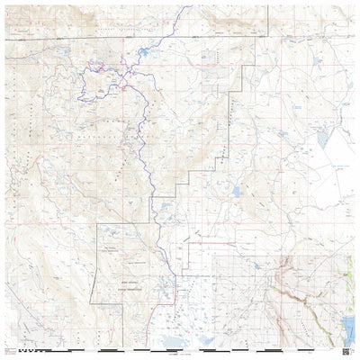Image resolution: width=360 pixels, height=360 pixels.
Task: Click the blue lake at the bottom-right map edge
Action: [349, 325]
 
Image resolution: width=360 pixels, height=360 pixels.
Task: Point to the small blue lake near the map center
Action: [236, 191]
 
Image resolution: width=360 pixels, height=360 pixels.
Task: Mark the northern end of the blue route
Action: [188, 8]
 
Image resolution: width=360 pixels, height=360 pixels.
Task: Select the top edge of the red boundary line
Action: [216, 242]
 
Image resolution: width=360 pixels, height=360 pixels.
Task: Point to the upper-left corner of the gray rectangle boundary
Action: [97, 223]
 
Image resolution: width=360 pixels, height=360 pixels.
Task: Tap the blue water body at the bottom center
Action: [202, 341]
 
